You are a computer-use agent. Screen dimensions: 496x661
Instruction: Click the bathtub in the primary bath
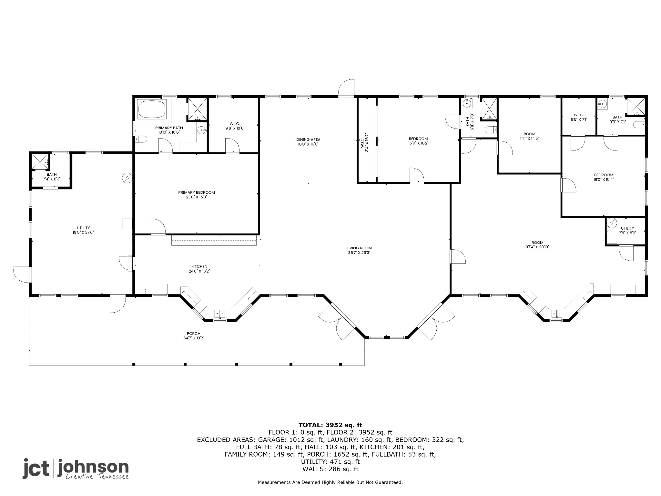tap(151, 109)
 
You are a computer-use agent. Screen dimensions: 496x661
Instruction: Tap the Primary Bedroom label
tap(196, 192)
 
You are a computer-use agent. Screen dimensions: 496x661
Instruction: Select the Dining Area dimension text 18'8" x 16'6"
tap(308, 144)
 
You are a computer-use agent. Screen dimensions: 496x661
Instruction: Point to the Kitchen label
tap(199, 266)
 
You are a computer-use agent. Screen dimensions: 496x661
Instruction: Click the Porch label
tap(194, 334)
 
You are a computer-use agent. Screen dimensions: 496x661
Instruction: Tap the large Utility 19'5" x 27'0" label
tap(83, 228)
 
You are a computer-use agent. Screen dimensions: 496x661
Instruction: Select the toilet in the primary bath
tap(141, 139)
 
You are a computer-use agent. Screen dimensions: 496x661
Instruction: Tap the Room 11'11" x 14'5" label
tap(529, 134)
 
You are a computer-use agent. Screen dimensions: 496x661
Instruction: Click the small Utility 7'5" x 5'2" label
tap(627, 228)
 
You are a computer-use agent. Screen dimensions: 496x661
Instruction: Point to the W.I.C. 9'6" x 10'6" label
tap(235, 124)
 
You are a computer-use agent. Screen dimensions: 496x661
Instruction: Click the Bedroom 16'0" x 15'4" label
tap(603, 175)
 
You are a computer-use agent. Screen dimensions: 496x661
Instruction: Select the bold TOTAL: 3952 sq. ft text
tap(330, 425)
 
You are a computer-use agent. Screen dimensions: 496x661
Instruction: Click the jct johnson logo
tap(76, 469)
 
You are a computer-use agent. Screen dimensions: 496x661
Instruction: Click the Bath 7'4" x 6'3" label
tap(52, 174)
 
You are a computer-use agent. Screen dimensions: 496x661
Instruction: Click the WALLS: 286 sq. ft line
tap(330, 469)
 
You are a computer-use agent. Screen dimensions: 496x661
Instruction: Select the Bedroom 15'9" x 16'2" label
tap(418, 139)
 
